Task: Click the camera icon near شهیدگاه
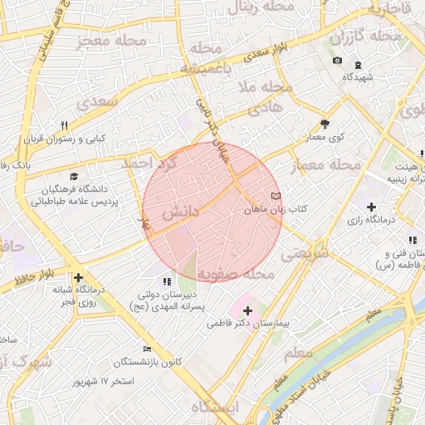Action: click(x=337, y=61)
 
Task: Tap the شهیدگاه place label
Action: click(x=359, y=76)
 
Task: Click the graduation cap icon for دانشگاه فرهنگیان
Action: click(x=75, y=177)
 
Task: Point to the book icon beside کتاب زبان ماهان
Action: click(x=276, y=196)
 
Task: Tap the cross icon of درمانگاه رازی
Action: click(x=371, y=207)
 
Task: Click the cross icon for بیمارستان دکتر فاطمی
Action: click(x=247, y=310)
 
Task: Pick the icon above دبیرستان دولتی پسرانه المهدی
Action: click(x=167, y=281)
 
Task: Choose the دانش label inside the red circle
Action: click(x=179, y=212)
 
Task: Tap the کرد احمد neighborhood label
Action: click(x=149, y=162)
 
